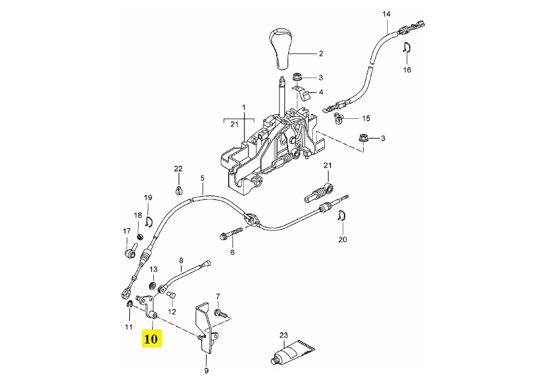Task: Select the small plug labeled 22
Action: [x=179, y=189]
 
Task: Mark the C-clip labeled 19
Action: [x=149, y=220]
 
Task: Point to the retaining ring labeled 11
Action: [x=129, y=308]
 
